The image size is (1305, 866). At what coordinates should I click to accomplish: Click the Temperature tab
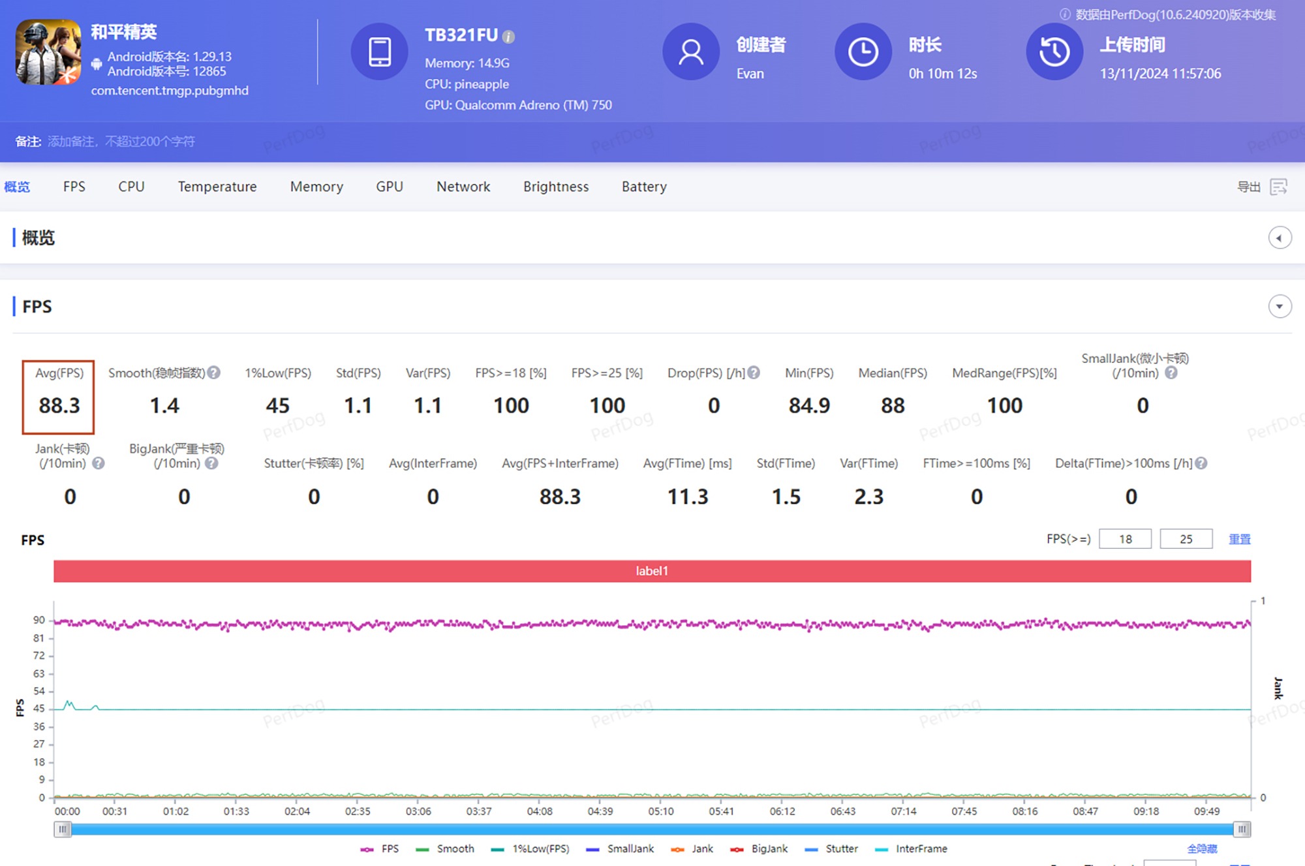coord(217,187)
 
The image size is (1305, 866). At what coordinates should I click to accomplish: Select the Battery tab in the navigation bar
coord(644,187)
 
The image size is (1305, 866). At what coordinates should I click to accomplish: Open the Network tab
coord(463,187)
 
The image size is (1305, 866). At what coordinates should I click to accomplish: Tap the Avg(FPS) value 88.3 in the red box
coord(59,405)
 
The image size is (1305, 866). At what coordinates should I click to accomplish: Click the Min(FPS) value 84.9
coord(809,405)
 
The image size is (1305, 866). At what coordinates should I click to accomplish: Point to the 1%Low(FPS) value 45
coord(277,405)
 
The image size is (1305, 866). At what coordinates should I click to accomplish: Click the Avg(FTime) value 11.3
coord(687,497)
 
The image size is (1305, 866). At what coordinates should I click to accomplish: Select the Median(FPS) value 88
coord(893,405)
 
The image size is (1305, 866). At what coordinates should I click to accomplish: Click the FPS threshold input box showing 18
coord(1125,539)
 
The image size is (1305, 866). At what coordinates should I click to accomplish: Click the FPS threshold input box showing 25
coord(1186,539)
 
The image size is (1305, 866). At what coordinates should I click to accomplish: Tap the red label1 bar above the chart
coord(652,571)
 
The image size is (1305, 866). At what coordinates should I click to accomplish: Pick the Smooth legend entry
coord(446,848)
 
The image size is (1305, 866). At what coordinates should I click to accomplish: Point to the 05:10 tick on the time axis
coord(661,811)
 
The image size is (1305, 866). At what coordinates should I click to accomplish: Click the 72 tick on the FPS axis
coord(39,655)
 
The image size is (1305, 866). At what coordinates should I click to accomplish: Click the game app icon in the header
coord(48,52)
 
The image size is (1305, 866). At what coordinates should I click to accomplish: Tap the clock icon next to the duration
coord(863,52)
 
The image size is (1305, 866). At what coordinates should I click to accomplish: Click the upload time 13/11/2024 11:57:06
coord(1160,74)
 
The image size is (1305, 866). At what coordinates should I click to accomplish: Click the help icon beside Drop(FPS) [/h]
coord(754,373)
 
